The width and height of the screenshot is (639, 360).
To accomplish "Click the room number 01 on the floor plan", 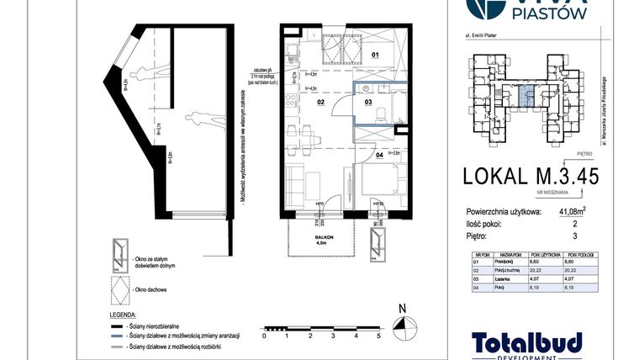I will coord(376,56).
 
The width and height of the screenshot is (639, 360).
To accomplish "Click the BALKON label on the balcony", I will coord(325,238).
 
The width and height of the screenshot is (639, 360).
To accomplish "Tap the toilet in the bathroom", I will coord(380,115).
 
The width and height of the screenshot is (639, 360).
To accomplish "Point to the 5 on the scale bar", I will coord(379,336).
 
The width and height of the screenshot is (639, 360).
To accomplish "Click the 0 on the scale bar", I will coord(264,336).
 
